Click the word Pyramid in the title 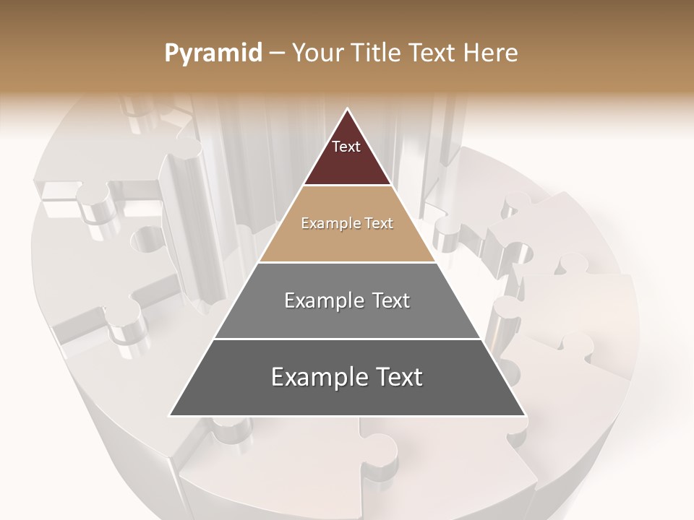click(213, 53)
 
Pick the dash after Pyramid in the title click(276, 53)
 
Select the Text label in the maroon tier click(346, 147)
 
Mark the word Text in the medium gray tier click(391, 300)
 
